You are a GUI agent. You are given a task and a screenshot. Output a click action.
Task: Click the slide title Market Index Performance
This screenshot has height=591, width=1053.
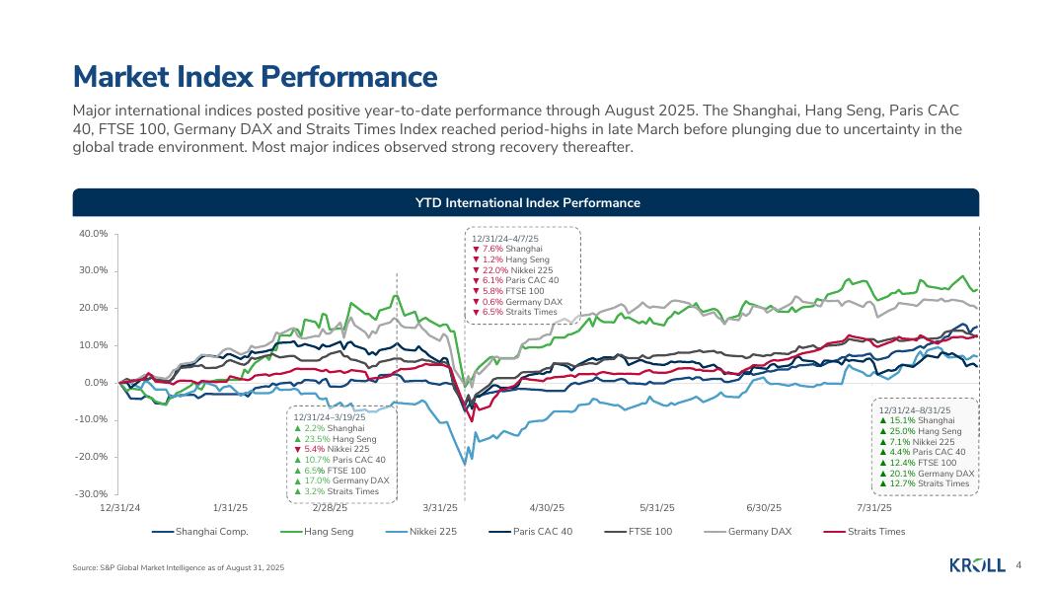[x=255, y=77]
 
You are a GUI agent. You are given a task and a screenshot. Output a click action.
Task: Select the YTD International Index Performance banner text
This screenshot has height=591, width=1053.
[x=526, y=202]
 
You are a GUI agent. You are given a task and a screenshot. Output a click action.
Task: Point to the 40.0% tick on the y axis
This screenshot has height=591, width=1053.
[x=93, y=234]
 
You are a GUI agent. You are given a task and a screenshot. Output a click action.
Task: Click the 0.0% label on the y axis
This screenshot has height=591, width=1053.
[x=96, y=383]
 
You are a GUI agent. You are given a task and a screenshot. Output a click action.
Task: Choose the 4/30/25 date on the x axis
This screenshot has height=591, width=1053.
[x=547, y=508]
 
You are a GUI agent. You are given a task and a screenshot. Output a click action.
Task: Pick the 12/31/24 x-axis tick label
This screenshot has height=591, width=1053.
[x=120, y=508]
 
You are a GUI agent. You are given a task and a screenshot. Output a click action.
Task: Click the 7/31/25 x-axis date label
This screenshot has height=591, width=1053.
[x=873, y=508]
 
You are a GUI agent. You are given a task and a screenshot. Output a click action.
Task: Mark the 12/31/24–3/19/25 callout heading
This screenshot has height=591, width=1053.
[x=330, y=417]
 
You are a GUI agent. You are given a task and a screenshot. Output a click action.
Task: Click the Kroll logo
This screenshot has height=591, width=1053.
[x=976, y=565]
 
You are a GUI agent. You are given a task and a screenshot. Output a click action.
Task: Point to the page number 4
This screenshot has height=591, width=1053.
[x=1017, y=565]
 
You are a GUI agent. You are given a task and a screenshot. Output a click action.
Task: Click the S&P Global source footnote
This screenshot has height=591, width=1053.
[x=179, y=568]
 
